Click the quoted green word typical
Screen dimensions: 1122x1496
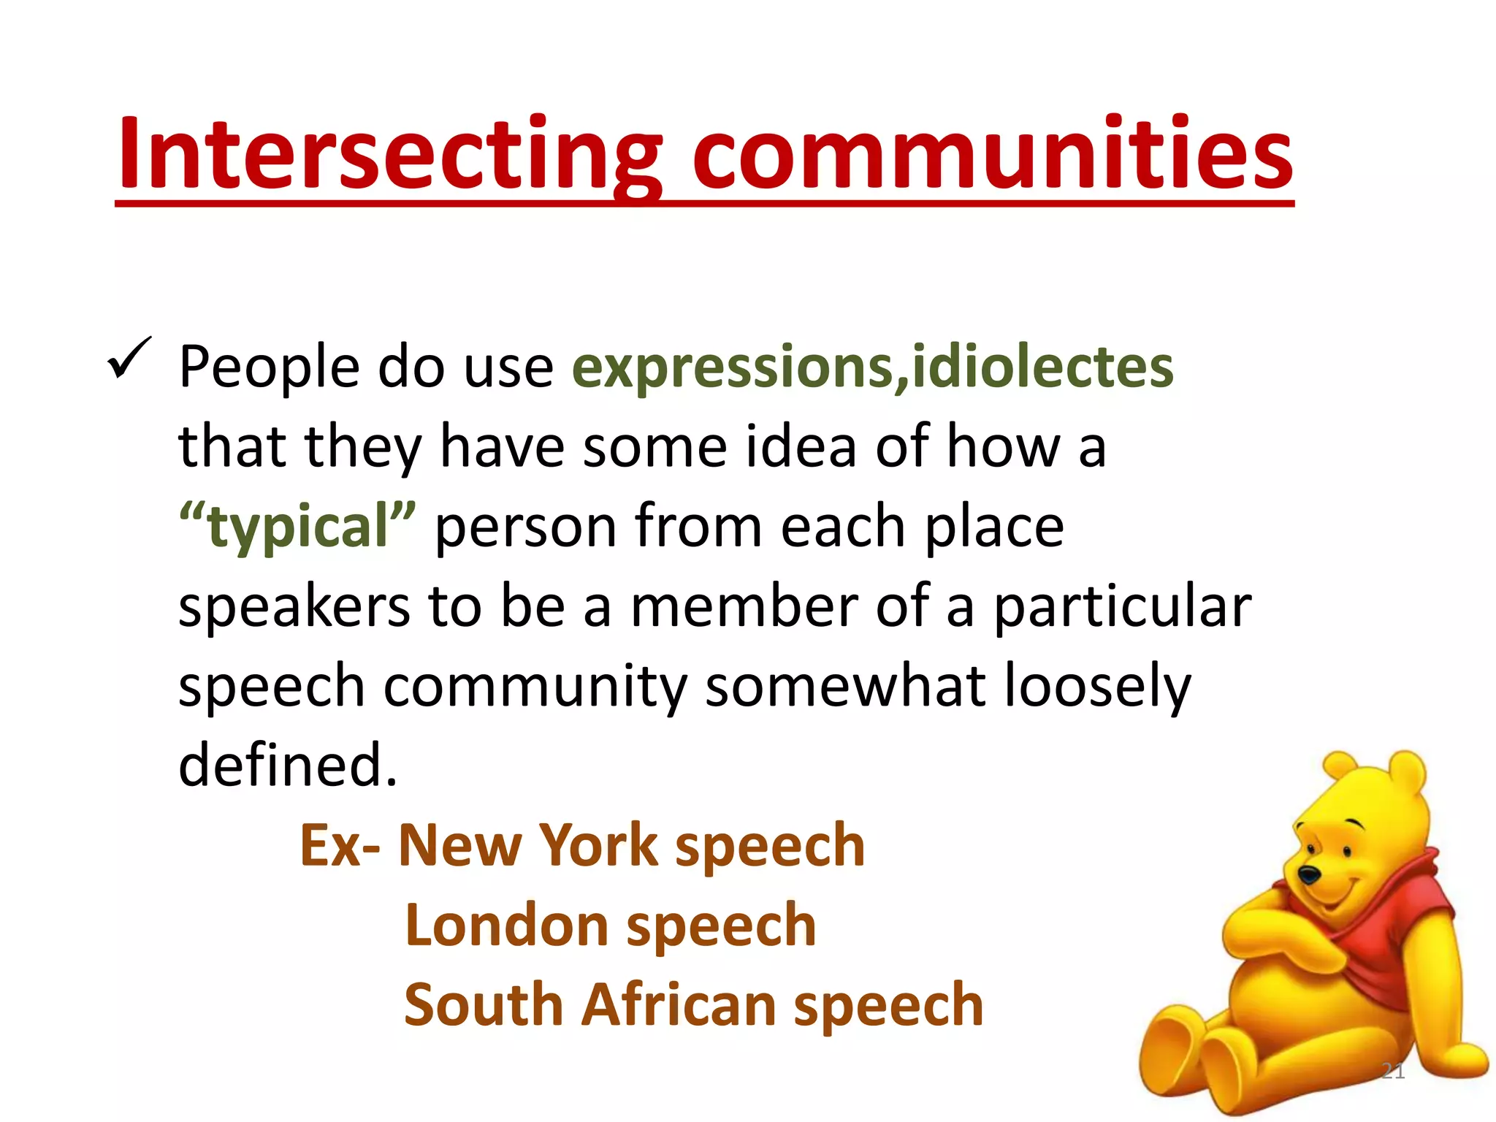(298, 527)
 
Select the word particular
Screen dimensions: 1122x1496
(1122, 608)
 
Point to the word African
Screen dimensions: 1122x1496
(679, 1005)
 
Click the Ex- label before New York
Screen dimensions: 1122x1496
(339, 845)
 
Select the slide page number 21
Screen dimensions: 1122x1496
(1393, 1071)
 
